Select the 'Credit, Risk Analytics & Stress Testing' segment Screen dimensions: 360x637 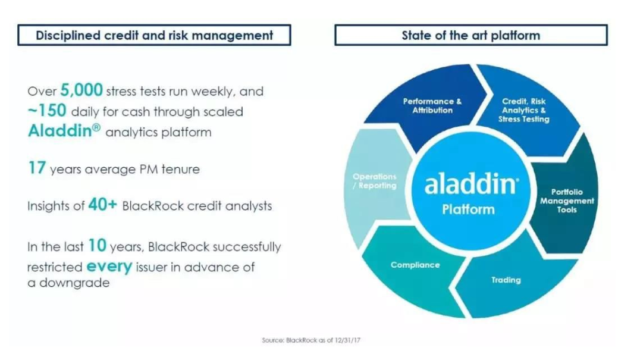tap(525, 111)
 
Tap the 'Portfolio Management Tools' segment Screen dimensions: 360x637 tap(567, 201)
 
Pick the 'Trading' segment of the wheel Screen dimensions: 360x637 tap(506, 280)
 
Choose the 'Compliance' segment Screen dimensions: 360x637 tap(415, 265)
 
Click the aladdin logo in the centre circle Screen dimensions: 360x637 tap(470, 184)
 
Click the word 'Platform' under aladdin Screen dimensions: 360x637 tap(468, 209)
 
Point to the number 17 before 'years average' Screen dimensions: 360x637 tap(36, 168)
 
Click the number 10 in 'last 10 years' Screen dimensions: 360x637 tap(97, 246)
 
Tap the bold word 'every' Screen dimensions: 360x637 tap(109, 266)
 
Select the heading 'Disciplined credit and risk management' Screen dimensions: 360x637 tap(154, 35)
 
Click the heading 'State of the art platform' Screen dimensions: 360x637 tap(470, 35)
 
